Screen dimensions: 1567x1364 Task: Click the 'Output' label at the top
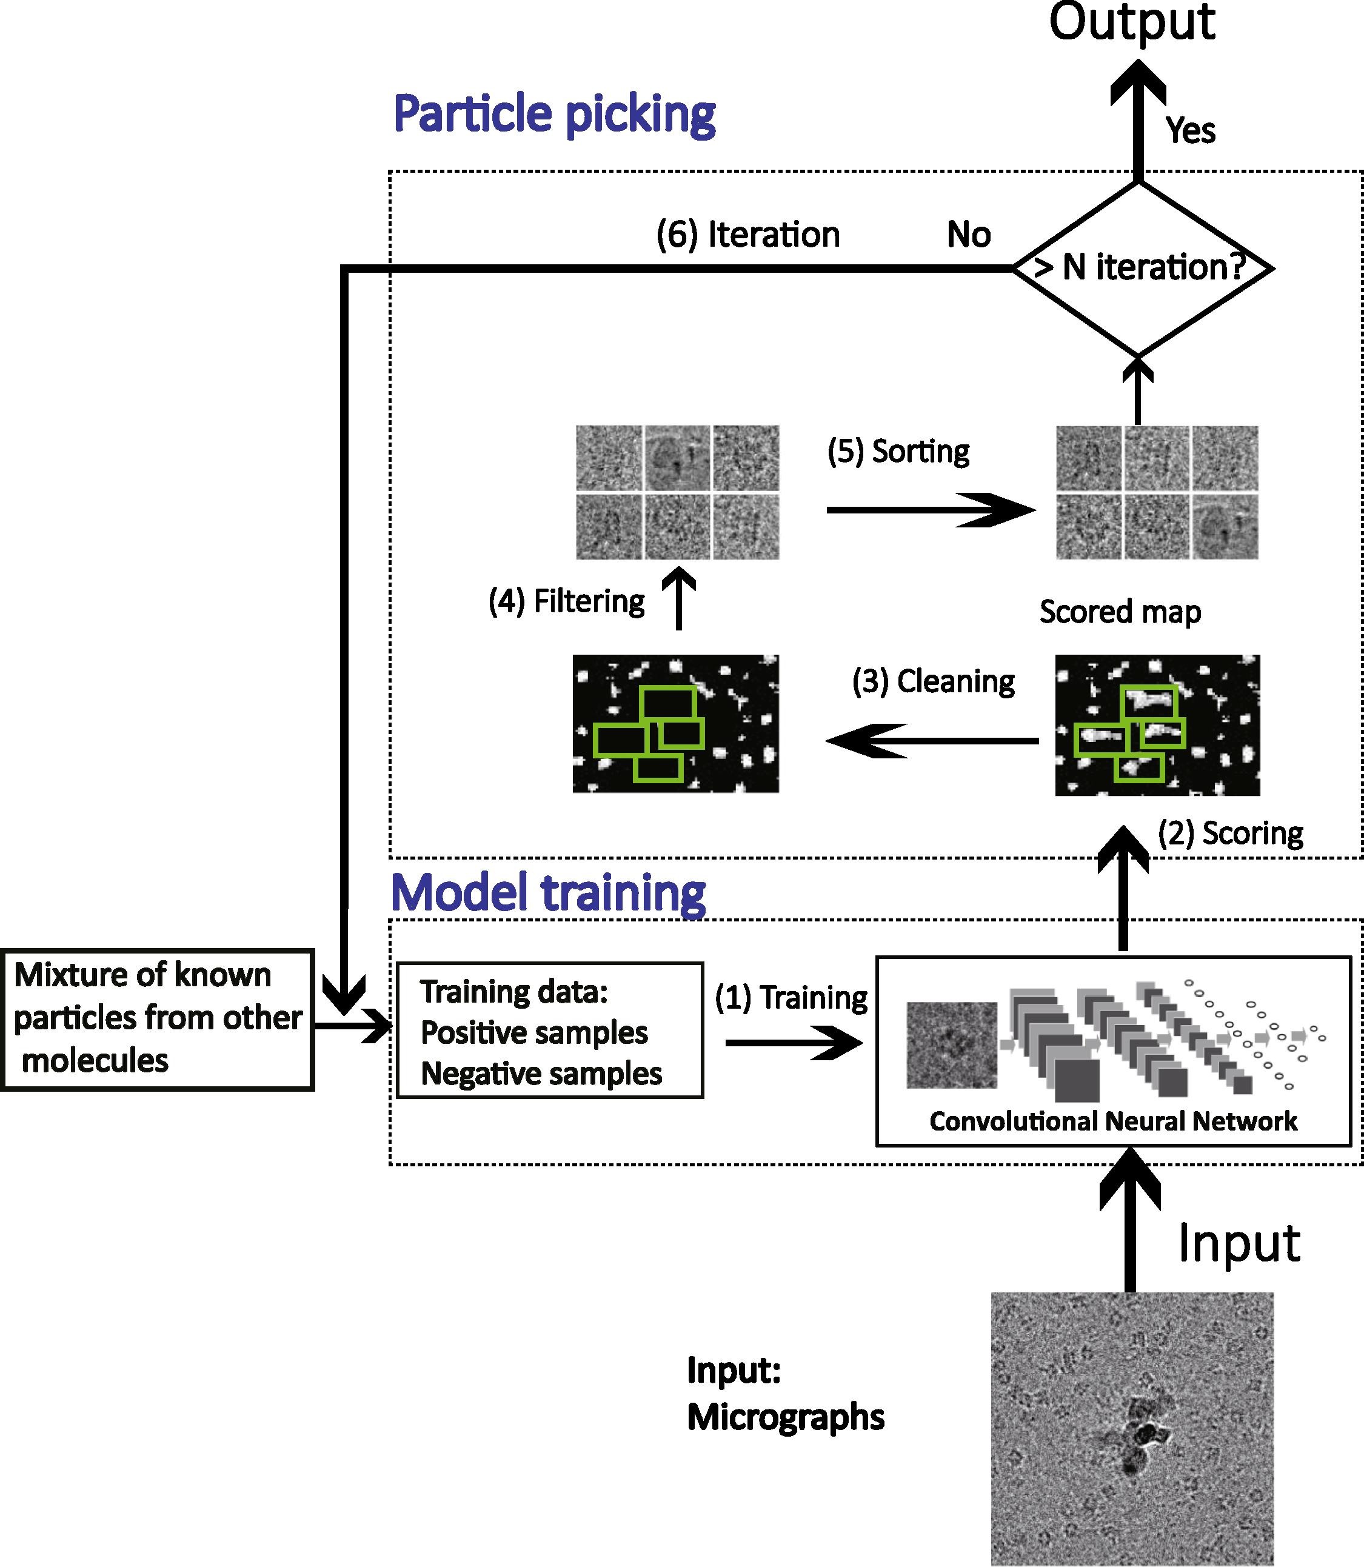tap(1131, 23)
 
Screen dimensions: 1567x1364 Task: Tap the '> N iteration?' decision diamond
tap(1142, 268)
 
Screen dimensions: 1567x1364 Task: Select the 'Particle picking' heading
tap(554, 114)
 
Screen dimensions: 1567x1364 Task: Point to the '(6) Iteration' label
tap(747, 235)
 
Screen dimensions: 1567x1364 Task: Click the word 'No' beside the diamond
tap(968, 235)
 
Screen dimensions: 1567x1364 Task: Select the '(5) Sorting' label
tap(898, 451)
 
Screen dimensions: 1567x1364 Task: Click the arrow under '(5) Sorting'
tap(930, 510)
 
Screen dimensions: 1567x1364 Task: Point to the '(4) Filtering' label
tap(566, 601)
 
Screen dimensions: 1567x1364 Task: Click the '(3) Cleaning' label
tap(933, 681)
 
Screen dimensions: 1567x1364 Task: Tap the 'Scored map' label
tap(1120, 612)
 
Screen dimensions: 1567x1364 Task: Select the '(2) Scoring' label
tap(1230, 834)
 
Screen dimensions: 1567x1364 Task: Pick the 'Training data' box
tap(550, 1031)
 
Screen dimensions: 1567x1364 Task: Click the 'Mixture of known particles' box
tap(157, 1018)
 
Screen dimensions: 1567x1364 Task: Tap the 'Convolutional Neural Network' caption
tap(1113, 1121)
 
